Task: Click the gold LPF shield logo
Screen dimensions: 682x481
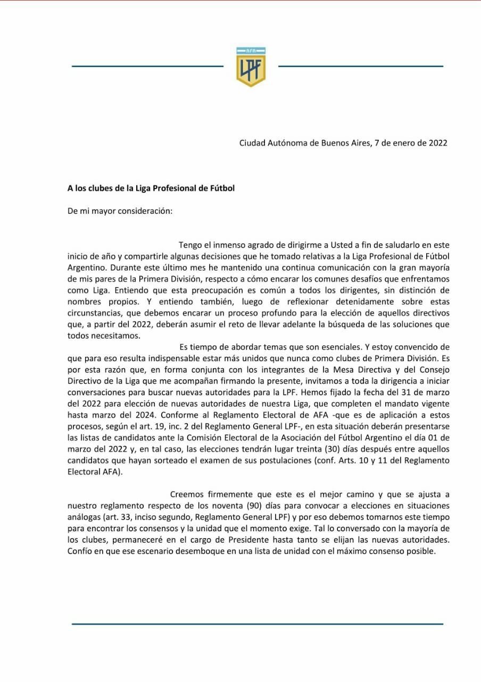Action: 251,67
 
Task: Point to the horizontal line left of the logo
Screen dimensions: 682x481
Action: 147,67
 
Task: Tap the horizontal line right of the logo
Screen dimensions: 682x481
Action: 360,67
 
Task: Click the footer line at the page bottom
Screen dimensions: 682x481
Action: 257,623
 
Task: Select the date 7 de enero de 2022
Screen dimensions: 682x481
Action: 410,143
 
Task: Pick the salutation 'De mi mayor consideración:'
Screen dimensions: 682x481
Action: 120,210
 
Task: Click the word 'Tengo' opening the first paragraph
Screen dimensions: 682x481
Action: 191,245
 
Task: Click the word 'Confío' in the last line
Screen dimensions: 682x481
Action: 80,551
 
